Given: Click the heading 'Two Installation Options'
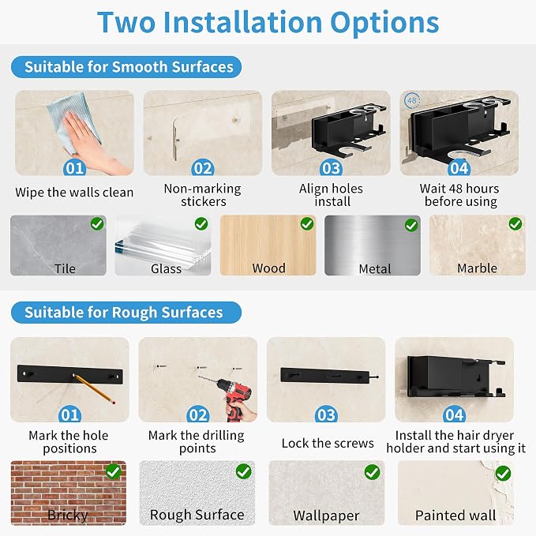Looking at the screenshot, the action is pyautogui.click(x=268, y=23).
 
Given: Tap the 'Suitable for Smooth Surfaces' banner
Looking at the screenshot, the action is pyautogui.click(x=126, y=67).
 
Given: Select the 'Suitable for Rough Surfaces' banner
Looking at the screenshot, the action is pyautogui.click(x=126, y=313).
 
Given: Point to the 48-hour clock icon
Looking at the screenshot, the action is pyautogui.click(x=412, y=100).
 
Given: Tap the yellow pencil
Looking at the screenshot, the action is pyautogui.click(x=95, y=389).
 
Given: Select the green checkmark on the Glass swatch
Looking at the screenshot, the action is pyautogui.click(x=201, y=223).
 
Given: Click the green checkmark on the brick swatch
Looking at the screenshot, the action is pyautogui.click(x=113, y=472).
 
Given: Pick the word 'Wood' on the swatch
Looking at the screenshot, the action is pyautogui.click(x=268, y=268).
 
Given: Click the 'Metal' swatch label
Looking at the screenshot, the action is pyautogui.click(x=375, y=269).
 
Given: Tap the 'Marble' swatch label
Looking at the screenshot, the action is pyautogui.click(x=478, y=268).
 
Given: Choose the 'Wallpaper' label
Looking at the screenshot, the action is pyautogui.click(x=326, y=515).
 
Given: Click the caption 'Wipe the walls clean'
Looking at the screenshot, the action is pyautogui.click(x=74, y=193).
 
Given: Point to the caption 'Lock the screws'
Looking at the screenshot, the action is pyautogui.click(x=328, y=443).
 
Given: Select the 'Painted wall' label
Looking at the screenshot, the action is pyautogui.click(x=455, y=515).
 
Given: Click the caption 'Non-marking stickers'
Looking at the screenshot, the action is pyautogui.click(x=203, y=195).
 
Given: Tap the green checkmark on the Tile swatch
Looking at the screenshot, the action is pyautogui.click(x=97, y=223).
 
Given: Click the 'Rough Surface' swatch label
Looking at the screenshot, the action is pyautogui.click(x=197, y=515).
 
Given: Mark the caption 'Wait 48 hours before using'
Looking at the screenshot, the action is pyautogui.click(x=459, y=195).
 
